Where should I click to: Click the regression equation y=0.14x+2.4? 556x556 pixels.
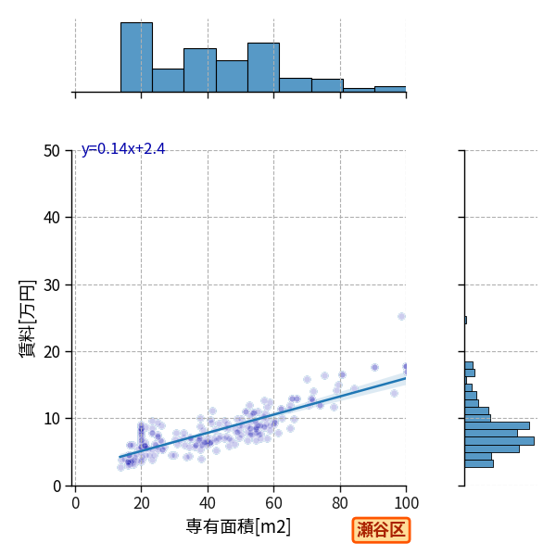pos(123,149)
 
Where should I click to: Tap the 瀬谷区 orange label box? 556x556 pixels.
pos(381,530)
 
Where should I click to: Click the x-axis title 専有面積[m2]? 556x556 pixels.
pos(238,526)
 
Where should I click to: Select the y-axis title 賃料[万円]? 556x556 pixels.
pos(27,319)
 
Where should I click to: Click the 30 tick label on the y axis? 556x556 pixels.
pos(52,285)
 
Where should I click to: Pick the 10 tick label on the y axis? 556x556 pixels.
pos(52,419)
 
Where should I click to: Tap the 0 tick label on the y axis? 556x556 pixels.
pos(57,486)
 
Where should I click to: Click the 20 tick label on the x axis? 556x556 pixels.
pos(142,503)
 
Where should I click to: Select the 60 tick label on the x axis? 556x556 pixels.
pos(273,503)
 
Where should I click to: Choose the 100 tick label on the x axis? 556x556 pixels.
pos(407,503)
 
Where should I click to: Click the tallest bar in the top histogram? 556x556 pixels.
pos(136,57)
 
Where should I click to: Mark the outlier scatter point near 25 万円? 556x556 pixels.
pos(401,316)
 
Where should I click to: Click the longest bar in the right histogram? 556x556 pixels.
pos(499,441)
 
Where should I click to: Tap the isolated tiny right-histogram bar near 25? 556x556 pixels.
pos(465,321)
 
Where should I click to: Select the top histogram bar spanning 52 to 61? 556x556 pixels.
pos(263,68)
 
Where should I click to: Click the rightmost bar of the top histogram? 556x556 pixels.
pos(390,89)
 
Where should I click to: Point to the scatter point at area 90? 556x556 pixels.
pos(374,367)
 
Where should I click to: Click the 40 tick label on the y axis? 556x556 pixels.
pos(52,218)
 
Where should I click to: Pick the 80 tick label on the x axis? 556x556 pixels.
pos(340,503)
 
